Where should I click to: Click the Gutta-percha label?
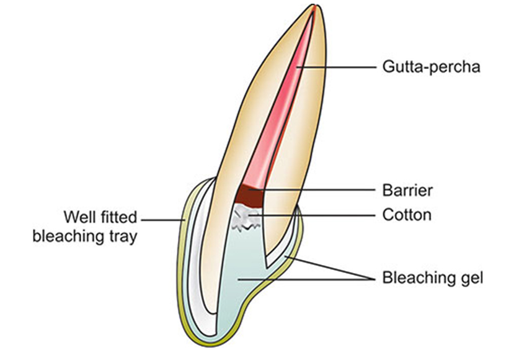pos(430,66)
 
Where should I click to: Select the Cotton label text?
pos(407,215)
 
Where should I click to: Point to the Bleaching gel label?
pos(432,277)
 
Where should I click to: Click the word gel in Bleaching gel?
pos(471,277)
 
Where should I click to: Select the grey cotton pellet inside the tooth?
pos(246,219)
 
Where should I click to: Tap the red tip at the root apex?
pos(316,9)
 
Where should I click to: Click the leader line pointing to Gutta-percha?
pos(335,66)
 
